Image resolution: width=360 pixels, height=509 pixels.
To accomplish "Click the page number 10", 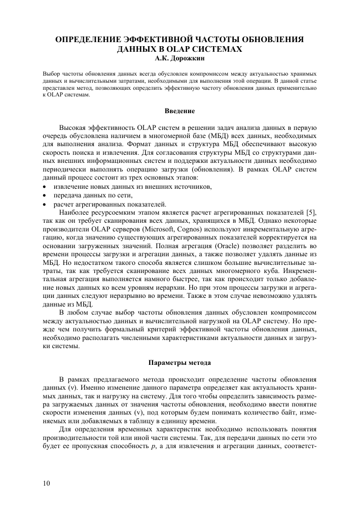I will (47, 483).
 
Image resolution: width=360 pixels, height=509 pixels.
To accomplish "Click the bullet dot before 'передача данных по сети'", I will (45, 196).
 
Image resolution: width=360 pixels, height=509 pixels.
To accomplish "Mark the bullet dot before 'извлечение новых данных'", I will (45, 187).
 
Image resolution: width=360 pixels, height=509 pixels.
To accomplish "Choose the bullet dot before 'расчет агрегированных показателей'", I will (45, 205).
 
